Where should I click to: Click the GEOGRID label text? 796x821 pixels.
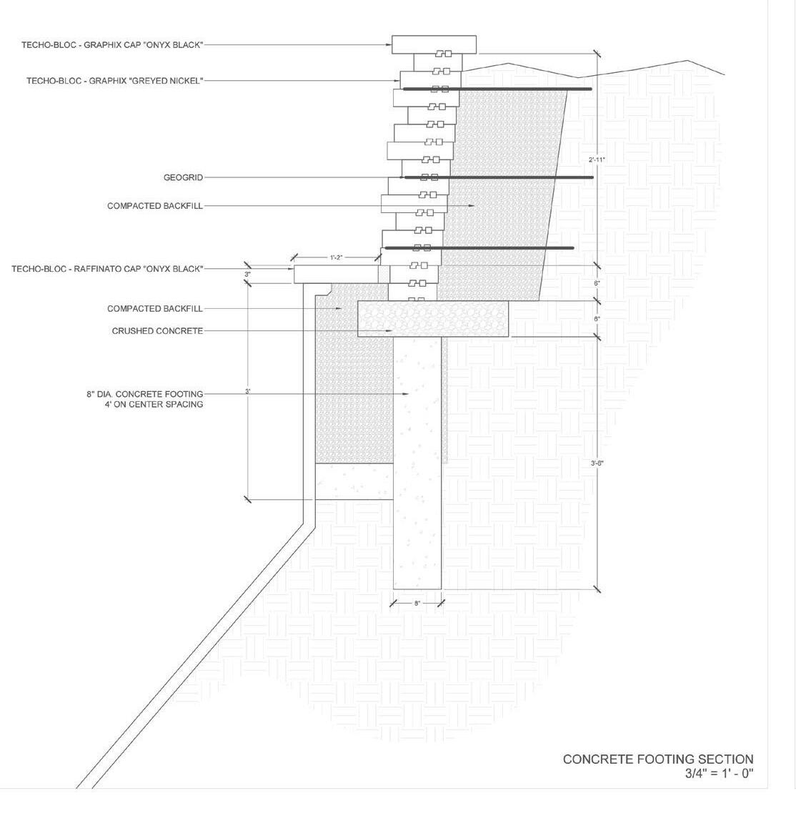click(x=184, y=177)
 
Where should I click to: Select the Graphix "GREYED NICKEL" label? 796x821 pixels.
click(x=114, y=81)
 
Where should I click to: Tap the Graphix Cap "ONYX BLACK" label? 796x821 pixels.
click(x=112, y=44)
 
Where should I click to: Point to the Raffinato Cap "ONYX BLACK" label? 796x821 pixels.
click(x=107, y=269)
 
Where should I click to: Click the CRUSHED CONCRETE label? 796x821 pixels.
click(x=157, y=331)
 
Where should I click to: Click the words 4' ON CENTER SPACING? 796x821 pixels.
click(x=154, y=404)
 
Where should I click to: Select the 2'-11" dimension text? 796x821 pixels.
click(x=597, y=159)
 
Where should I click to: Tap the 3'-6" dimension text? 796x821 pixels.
click(x=597, y=463)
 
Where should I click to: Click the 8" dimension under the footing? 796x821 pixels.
click(x=417, y=604)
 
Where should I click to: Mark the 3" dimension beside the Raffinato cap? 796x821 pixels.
click(x=247, y=275)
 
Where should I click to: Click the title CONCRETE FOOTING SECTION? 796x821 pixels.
click(x=657, y=759)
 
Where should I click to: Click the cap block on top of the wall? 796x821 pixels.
click(x=434, y=44)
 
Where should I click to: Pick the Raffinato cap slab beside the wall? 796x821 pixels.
click(x=336, y=272)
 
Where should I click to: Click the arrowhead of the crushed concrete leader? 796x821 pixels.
click(x=390, y=331)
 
